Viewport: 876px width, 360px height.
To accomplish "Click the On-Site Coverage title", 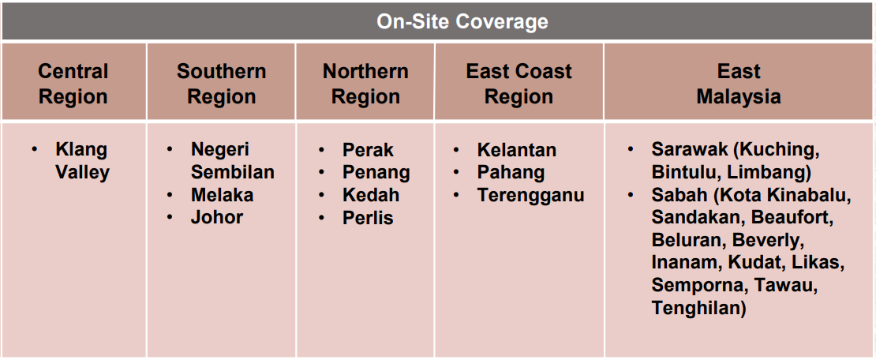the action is [462, 22].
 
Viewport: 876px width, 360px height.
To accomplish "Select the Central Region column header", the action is [73, 84].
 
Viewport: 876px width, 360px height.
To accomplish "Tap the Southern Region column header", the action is [221, 84].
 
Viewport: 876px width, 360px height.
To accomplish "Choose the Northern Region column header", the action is [365, 84].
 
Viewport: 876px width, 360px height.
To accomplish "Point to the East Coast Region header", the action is [519, 84].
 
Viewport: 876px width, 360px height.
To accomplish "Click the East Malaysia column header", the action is [739, 84].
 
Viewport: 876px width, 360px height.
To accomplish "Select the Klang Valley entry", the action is [82, 161].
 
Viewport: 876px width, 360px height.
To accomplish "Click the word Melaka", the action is [223, 195].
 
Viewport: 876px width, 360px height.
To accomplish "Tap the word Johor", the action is [217, 217].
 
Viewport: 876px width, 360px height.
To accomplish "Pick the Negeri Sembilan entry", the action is [232, 161].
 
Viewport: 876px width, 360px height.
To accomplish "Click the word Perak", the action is [369, 150].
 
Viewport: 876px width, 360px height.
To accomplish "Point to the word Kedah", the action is [371, 195].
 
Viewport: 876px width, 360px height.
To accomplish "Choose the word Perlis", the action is [368, 217].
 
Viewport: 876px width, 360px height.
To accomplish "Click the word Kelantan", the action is [517, 150].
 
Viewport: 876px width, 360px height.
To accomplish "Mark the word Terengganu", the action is [531, 196].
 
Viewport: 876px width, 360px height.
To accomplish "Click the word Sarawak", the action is [690, 150].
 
